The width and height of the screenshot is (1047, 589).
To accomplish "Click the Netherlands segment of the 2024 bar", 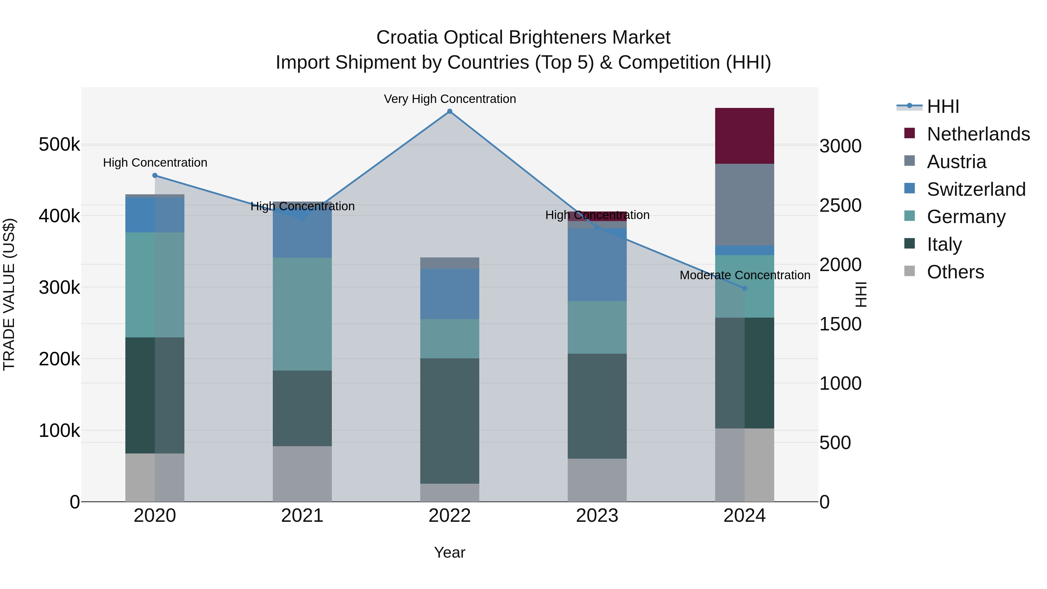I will click(x=744, y=136).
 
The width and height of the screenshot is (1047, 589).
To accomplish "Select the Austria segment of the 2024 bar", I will click(x=744, y=204).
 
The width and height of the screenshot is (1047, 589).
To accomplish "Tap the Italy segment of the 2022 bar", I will click(x=450, y=421).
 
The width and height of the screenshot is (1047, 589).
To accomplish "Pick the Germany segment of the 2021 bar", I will click(x=302, y=314).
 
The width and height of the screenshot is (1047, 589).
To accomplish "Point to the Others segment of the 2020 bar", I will click(x=154, y=477).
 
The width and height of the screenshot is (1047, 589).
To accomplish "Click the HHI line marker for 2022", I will click(x=450, y=111).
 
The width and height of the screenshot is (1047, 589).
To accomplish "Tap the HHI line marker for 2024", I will click(x=745, y=289).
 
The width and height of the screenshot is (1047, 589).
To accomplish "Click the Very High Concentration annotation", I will click(x=450, y=99).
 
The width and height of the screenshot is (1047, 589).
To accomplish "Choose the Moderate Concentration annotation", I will click(x=745, y=275).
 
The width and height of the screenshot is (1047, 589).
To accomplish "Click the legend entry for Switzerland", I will click(x=975, y=189).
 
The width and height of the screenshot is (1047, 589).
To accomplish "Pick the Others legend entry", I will click(x=955, y=272).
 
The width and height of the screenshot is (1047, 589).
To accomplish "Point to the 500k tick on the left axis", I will click(x=59, y=144).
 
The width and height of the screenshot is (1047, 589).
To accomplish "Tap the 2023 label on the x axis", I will click(x=597, y=516).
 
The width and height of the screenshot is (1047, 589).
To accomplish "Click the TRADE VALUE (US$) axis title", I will click(x=9, y=294).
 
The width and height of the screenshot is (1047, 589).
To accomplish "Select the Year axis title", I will click(x=450, y=552).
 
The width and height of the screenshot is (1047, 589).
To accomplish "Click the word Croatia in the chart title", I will click(x=407, y=38).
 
